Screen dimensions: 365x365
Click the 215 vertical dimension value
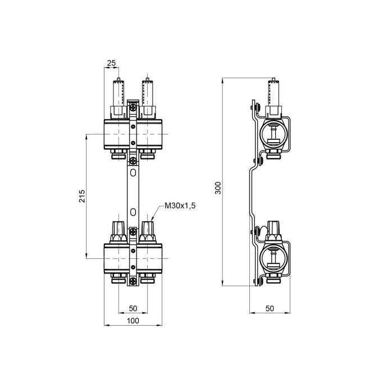pyautogui.click(x=82, y=196)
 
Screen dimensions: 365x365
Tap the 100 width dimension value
pyautogui.click(x=133, y=321)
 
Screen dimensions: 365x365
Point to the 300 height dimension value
pyautogui.click(x=218, y=188)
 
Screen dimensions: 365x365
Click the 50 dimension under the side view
pyautogui.click(x=270, y=308)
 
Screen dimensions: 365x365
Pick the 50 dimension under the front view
pyautogui.click(x=133, y=308)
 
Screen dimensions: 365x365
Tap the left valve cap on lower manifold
pyautogui.click(x=119, y=230)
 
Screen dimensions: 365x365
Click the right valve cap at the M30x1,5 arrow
pyautogui.click(x=148, y=230)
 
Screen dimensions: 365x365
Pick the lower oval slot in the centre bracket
pyautogui.click(x=133, y=211)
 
